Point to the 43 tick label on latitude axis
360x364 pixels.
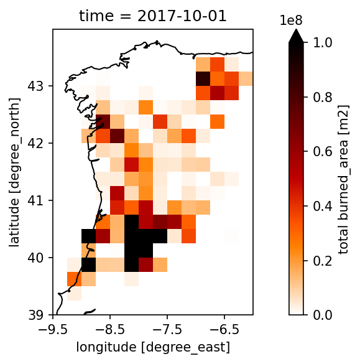[35, 86]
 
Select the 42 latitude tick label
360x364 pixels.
[35, 143]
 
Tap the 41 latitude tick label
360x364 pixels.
[35, 200]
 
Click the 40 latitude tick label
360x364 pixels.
[35, 258]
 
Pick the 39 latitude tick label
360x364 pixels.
[35, 315]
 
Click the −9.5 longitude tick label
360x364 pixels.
[53, 330]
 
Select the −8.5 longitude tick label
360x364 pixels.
[110, 330]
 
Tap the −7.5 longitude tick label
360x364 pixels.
[167, 330]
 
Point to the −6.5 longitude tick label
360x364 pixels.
[224, 330]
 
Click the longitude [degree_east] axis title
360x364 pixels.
[153, 347]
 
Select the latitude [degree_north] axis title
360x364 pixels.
[14, 172]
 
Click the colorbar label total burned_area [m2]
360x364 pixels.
[343, 179]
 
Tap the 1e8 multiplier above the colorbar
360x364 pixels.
[292, 21]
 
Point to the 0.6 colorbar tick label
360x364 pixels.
[323, 152]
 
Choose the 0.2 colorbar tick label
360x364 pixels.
[323, 261]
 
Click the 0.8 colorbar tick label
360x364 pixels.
[323, 97]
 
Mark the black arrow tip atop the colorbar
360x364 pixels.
[296, 29]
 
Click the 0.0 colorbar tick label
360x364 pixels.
[323, 315]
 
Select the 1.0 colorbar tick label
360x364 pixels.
[323, 43]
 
